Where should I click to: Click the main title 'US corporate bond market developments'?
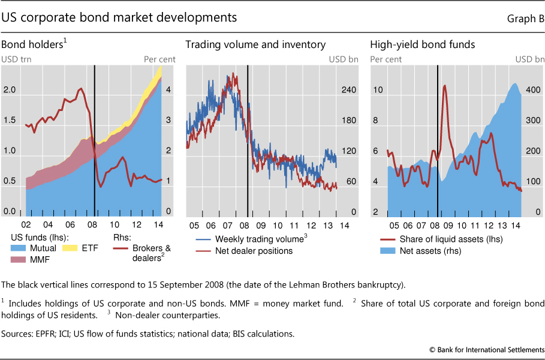pyautogui.click(x=119, y=18)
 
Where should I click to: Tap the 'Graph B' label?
pyautogui.click(x=523, y=19)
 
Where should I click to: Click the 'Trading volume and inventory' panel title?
pyautogui.click(x=255, y=44)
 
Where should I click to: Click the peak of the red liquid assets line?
pyautogui.click(x=445, y=85)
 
